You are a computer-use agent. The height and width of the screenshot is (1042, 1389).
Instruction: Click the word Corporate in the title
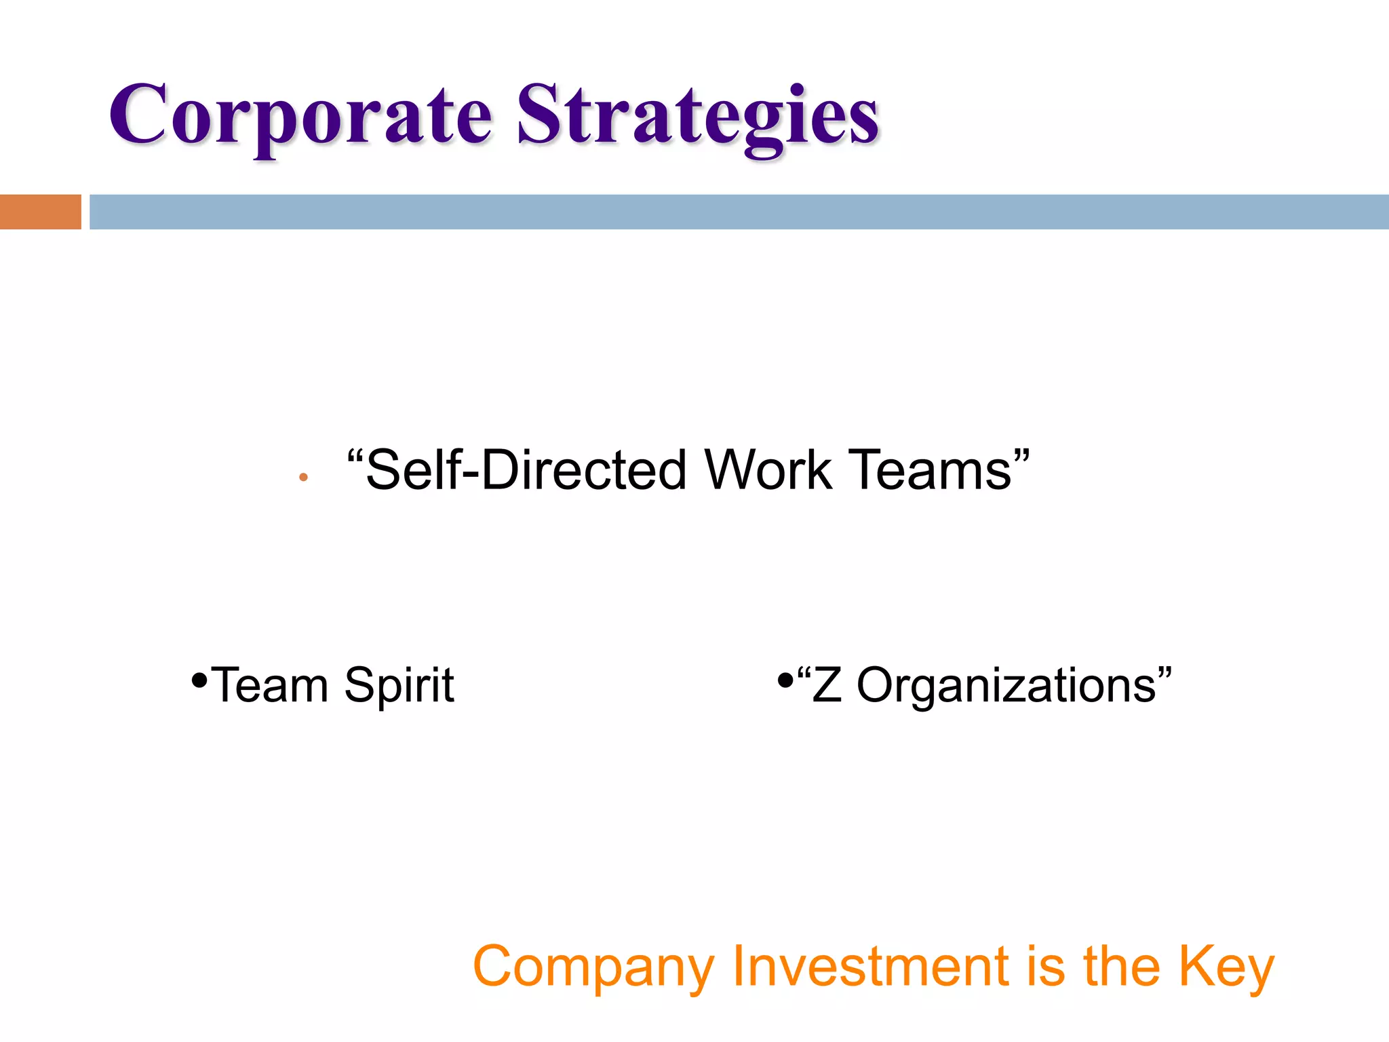point(300,115)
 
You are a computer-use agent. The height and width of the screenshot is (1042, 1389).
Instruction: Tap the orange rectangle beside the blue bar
point(40,212)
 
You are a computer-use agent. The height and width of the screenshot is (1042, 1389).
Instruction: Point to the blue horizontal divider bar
point(739,212)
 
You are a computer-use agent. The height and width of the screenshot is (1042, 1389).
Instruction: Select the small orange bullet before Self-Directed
point(303,478)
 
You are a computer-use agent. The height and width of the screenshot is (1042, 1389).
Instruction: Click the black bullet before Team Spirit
point(199,679)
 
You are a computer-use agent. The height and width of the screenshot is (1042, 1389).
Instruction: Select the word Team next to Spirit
point(269,685)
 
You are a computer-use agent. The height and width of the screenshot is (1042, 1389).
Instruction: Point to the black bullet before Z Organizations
point(785,679)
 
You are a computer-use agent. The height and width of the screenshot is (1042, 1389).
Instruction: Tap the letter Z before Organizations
point(827,685)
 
